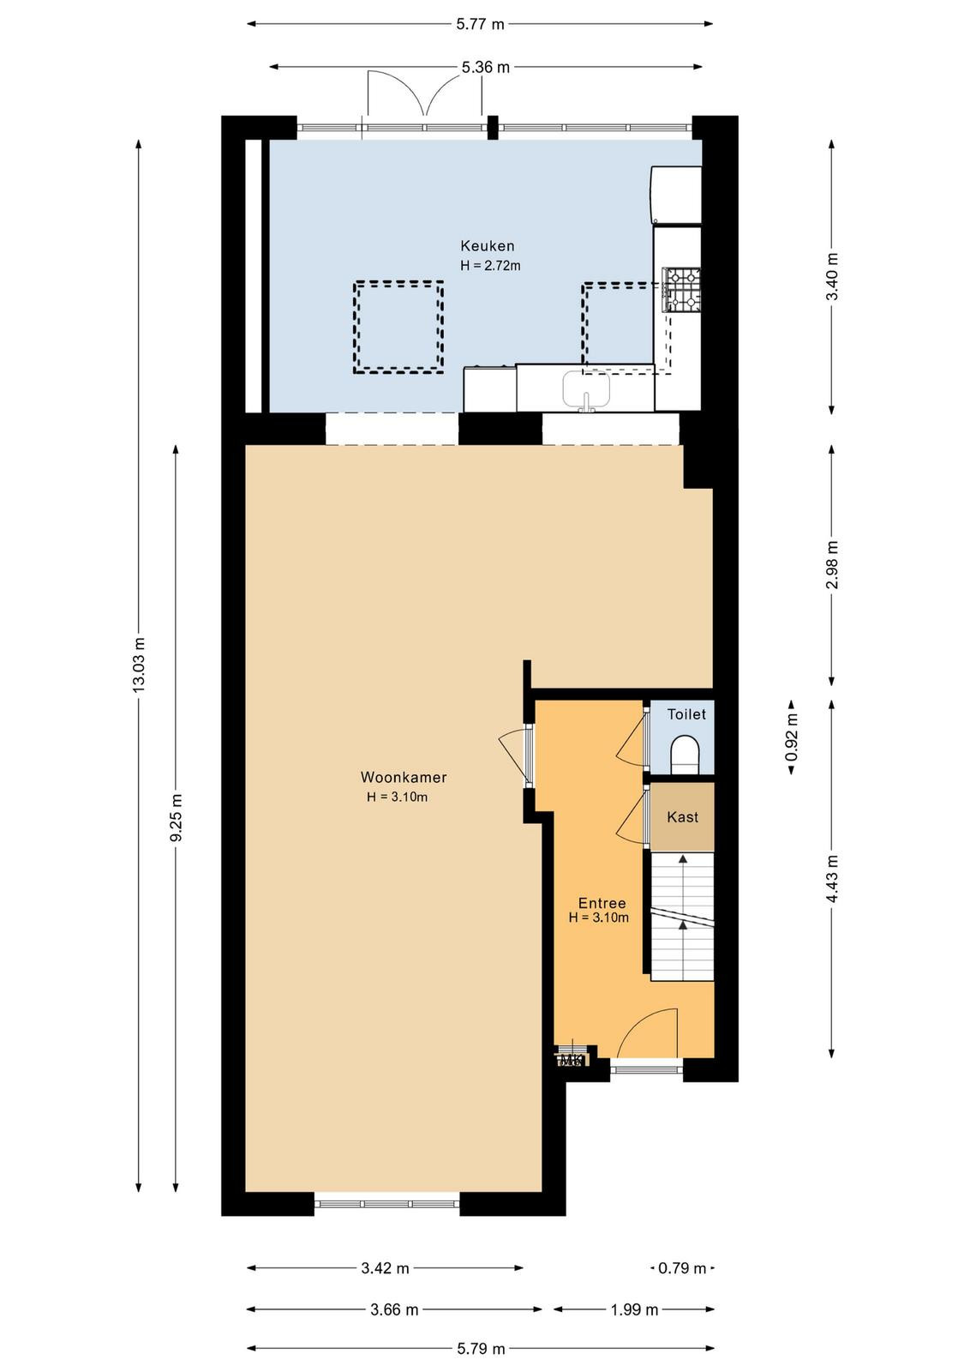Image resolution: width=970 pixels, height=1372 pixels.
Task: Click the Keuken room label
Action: point(487,246)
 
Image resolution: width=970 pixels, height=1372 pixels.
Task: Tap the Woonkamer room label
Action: point(404,777)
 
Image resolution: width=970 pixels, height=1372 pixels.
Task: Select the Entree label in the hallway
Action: point(602,903)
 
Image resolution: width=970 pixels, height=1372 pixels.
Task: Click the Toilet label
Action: point(686,714)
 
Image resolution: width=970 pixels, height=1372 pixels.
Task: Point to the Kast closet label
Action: point(682,816)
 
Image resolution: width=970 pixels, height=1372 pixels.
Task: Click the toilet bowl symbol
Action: point(684,754)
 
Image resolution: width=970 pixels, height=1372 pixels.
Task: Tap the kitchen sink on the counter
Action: point(586,390)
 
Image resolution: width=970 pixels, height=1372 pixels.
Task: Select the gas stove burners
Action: point(683,291)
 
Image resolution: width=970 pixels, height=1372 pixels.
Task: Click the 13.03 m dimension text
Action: point(140,665)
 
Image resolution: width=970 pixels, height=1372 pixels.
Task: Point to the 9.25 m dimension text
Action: point(177,818)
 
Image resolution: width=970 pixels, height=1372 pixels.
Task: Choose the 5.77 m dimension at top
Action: point(480,25)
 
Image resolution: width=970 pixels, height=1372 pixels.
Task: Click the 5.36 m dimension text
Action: point(485,68)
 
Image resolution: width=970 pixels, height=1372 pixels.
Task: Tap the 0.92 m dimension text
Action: point(792,737)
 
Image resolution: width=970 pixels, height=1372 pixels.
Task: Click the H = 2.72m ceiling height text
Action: point(490,266)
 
